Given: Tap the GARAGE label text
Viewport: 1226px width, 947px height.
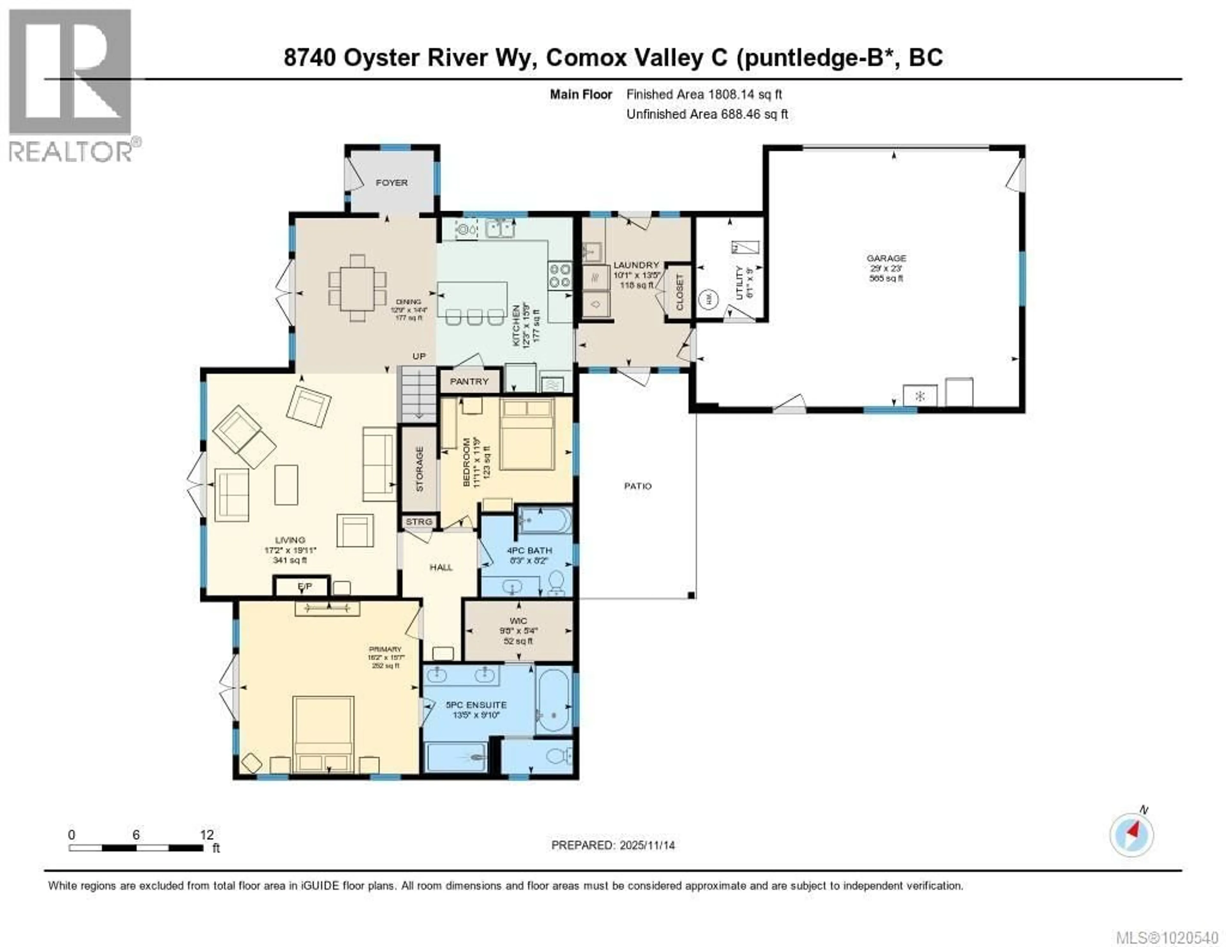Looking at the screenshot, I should [x=886, y=258].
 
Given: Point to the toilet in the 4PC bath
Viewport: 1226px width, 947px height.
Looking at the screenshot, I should [x=556, y=584].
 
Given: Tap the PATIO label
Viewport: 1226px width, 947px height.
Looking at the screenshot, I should [x=638, y=486].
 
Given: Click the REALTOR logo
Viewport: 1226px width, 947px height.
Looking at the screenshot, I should [x=70, y=84].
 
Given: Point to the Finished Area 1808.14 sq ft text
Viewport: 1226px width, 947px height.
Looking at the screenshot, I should [x=704, y=94].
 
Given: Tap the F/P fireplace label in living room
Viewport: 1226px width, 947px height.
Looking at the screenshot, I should [x=304, y=587].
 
